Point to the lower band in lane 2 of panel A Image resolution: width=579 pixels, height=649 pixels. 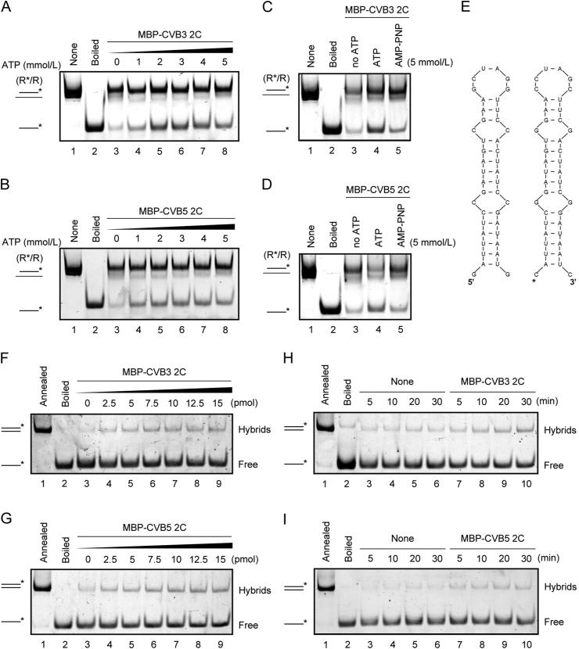tap(101, 127)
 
